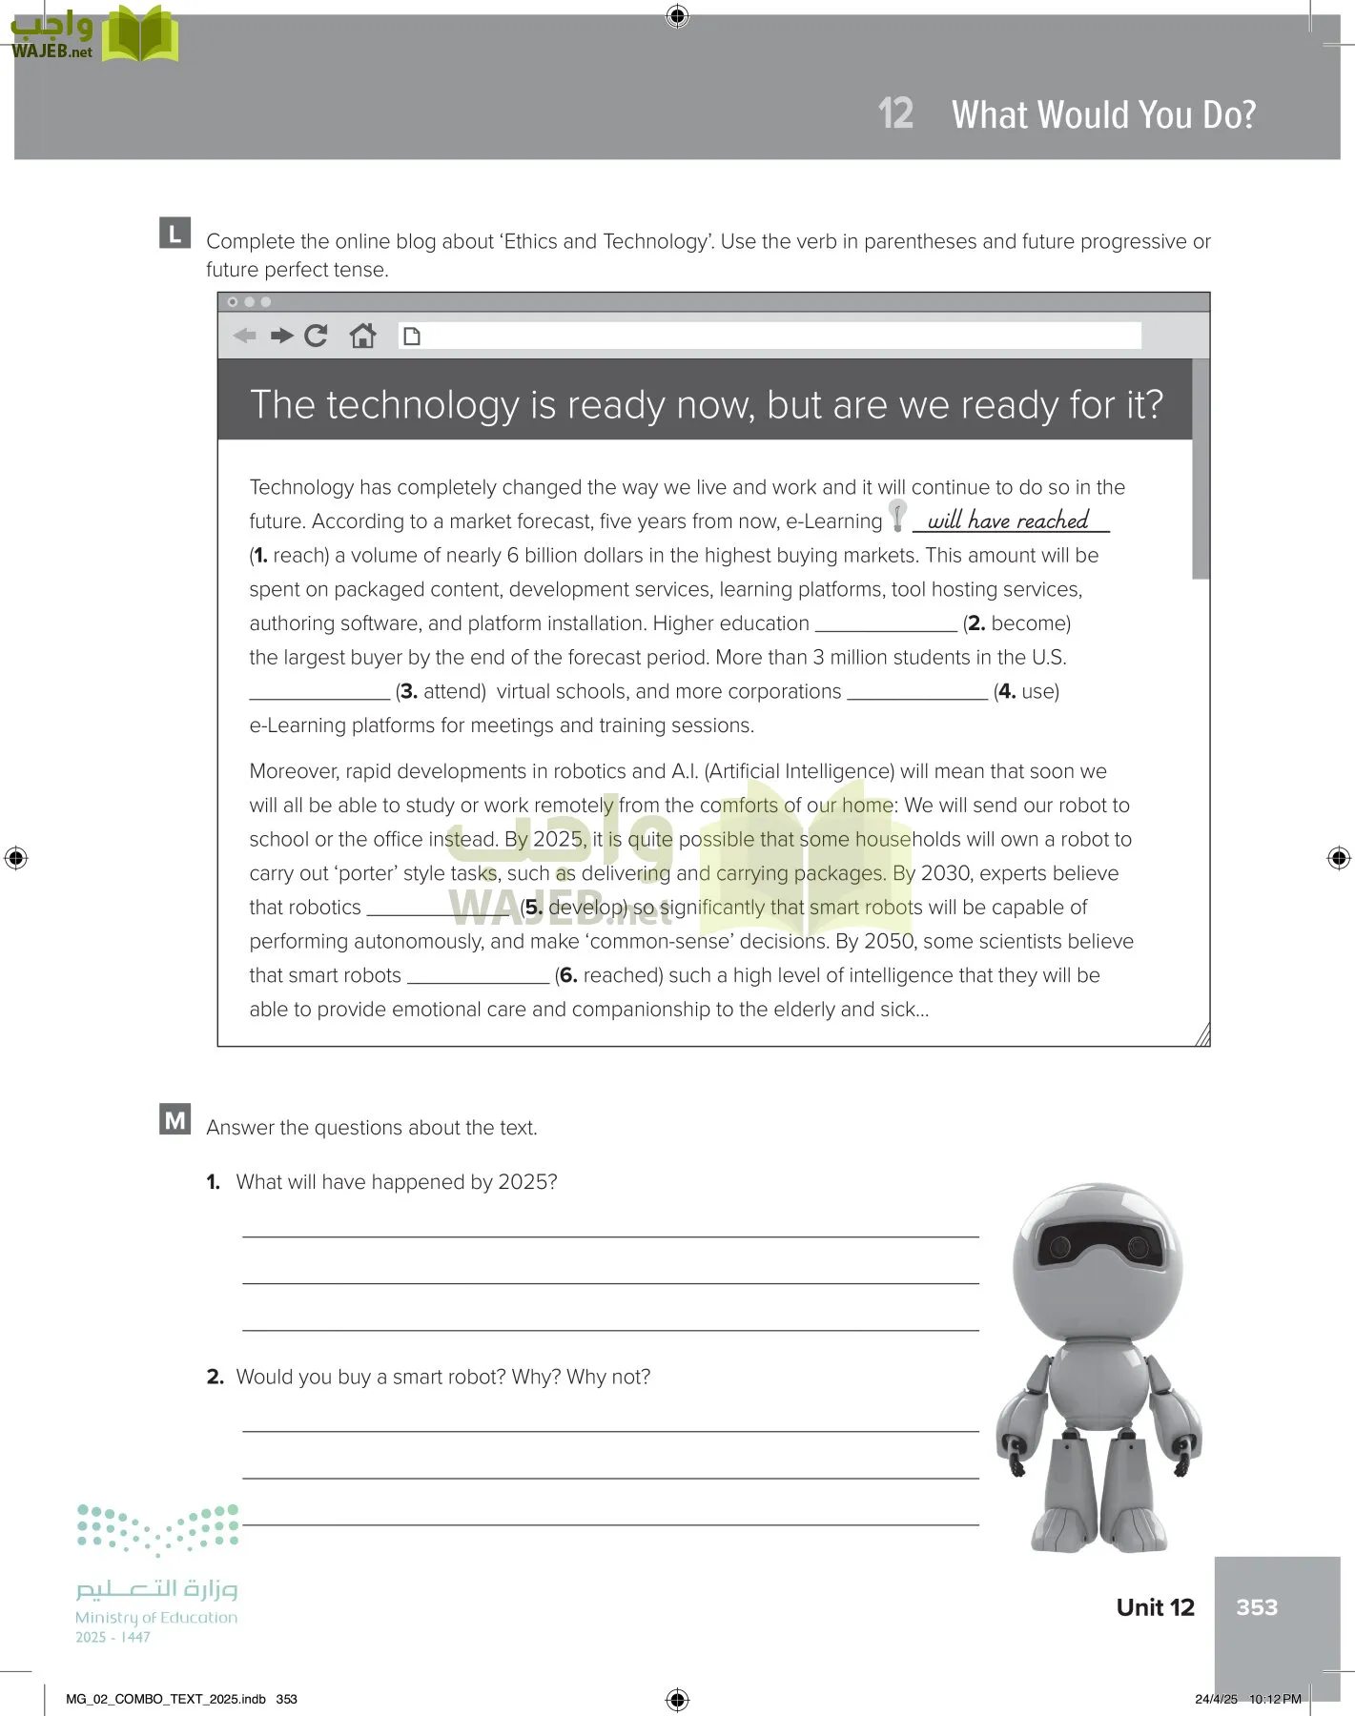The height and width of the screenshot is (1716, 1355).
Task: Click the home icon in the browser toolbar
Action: (362, 336)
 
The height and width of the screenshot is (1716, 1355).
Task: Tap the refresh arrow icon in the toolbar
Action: (316, 336)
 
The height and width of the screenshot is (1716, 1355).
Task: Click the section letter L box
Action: (175, 234)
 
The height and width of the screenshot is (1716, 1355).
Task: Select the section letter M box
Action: (175, 1120)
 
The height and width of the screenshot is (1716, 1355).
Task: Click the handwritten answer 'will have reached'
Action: (1008, 521)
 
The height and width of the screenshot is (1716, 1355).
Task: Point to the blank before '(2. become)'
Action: (886, 624)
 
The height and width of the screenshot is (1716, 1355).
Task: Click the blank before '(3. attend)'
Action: (319, 693)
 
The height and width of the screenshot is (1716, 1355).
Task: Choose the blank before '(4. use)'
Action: (917, 693)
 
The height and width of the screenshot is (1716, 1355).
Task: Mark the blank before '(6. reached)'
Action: (478, 977)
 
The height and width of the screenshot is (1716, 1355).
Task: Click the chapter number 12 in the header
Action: (895, 113)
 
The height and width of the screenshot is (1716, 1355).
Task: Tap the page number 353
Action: (1256, 1607)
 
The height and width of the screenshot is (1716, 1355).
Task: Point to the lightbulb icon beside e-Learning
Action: (897, 515)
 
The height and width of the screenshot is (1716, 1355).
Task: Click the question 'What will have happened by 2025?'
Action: (396, 1182)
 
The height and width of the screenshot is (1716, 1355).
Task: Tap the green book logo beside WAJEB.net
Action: (139, 35)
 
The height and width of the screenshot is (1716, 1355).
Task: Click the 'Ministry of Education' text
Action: (156, 1617)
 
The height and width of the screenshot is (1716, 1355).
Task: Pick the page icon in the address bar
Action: (412, 336)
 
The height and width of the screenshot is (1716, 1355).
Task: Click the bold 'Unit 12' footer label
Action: (1155, 1607)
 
